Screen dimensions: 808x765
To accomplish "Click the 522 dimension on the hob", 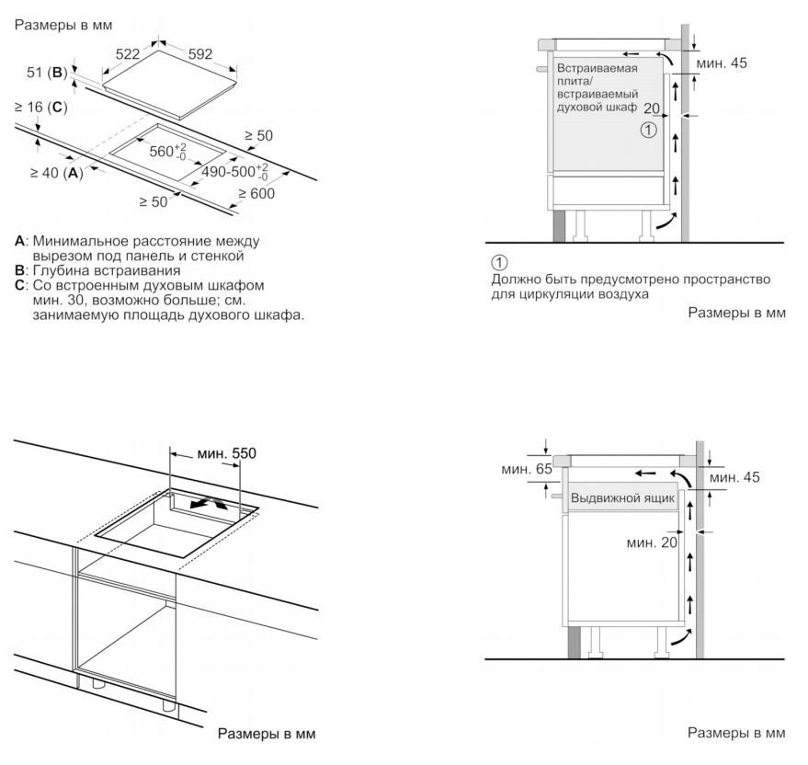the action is tap(127, 53).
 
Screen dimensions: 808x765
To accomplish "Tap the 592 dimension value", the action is tap(200, 54).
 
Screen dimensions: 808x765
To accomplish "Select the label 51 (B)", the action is tap(47, 73).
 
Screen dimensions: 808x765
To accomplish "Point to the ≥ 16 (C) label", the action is tap(40, 107).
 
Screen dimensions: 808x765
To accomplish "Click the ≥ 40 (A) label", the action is tap(56, 173).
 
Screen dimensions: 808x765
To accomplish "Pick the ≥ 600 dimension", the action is tap(256, 194).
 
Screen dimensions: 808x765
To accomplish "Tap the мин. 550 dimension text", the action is tap(226, 453).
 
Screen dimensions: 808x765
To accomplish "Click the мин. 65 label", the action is tap(526, 469).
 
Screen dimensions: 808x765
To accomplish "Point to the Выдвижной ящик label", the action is tap(622, 498).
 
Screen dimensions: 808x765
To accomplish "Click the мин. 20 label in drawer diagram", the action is tap(652, 542).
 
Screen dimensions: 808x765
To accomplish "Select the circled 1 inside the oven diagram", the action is tap(649, 130).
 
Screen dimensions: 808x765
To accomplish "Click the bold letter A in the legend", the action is tap(19, 241).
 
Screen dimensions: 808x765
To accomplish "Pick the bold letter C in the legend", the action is tap(19, 285).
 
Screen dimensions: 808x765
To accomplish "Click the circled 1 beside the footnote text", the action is tap(499, 263).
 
